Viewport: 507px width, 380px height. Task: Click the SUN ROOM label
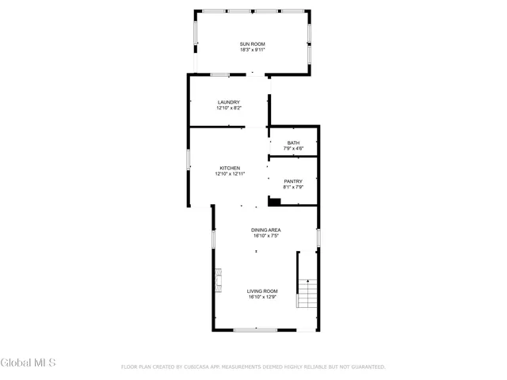[253, 44]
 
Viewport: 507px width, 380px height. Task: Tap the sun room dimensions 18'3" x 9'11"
[253, 50]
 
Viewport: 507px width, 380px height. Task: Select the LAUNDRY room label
[229, 102]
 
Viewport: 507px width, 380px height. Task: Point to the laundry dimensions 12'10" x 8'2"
[229, 108]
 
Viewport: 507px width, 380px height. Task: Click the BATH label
[293, 142]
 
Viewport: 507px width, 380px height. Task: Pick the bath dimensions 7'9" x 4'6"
[293, 149]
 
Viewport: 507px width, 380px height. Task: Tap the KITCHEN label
[230, 168]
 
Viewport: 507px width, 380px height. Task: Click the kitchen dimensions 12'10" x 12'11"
[230, 174]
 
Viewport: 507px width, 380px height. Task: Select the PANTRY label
[293, 181]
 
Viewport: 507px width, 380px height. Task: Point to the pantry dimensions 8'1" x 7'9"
[293, 188]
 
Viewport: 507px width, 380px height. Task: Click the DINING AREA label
[267, 230]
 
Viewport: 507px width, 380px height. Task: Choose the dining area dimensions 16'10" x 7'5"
[267, 236]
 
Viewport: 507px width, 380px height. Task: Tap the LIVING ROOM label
[262, 291]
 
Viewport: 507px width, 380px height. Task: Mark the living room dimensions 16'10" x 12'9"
[262, 298]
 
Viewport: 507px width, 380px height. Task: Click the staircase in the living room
[307, 294]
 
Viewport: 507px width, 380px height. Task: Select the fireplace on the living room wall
[217, 279]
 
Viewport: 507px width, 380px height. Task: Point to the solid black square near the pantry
[274, 202]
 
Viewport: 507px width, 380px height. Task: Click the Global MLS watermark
[29, 363]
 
